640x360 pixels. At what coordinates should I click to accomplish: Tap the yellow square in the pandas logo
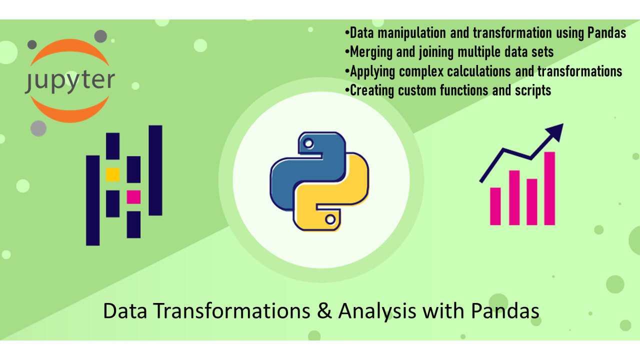113,174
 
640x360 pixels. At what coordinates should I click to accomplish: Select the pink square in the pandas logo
133,197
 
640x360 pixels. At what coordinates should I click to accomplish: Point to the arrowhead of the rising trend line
555,131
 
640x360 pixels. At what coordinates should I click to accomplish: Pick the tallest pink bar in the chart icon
549,188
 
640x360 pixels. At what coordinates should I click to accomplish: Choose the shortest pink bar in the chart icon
495,206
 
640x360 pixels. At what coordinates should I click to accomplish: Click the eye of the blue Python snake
308,143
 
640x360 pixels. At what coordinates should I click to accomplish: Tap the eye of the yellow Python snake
330,219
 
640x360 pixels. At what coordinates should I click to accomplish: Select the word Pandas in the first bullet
606,33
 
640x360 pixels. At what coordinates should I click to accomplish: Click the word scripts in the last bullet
533,91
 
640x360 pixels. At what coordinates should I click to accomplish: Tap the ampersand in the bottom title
324,311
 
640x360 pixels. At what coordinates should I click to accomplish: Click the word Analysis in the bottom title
377,311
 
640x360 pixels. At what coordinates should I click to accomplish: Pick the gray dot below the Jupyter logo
38,128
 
